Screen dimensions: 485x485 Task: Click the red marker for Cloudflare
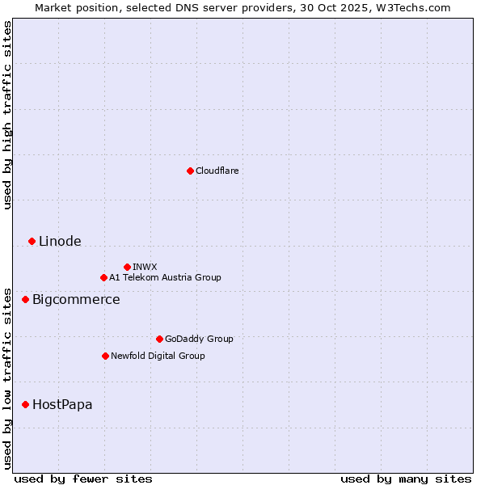pos(190,171)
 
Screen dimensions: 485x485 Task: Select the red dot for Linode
pos(32,241)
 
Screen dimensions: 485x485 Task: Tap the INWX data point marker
pos(127,267)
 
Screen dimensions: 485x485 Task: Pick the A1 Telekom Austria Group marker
pos(103,277)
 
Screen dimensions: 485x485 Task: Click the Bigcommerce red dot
pos(25,300)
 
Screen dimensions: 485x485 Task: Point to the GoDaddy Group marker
pos(159,339)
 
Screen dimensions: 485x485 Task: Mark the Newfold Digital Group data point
pos(105,356)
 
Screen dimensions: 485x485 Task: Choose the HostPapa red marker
pos(25,404)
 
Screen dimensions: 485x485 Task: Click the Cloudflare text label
pos(217,171)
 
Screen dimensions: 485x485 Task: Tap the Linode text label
pos(60,241)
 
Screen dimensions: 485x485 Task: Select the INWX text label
pos(145,267)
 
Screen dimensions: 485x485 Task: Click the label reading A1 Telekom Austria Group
pos(165,277)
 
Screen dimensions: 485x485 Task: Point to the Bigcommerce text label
pos(76,300)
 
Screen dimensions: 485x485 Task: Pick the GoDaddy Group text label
pos(199,339)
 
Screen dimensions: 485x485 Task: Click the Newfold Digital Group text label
pos(158,356)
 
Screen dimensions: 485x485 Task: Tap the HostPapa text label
pos(62,404)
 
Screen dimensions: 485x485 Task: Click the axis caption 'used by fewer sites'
pos(83,479)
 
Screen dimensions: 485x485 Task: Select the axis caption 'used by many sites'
pos(405,479)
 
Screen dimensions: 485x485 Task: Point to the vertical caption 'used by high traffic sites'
pos(7,115)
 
